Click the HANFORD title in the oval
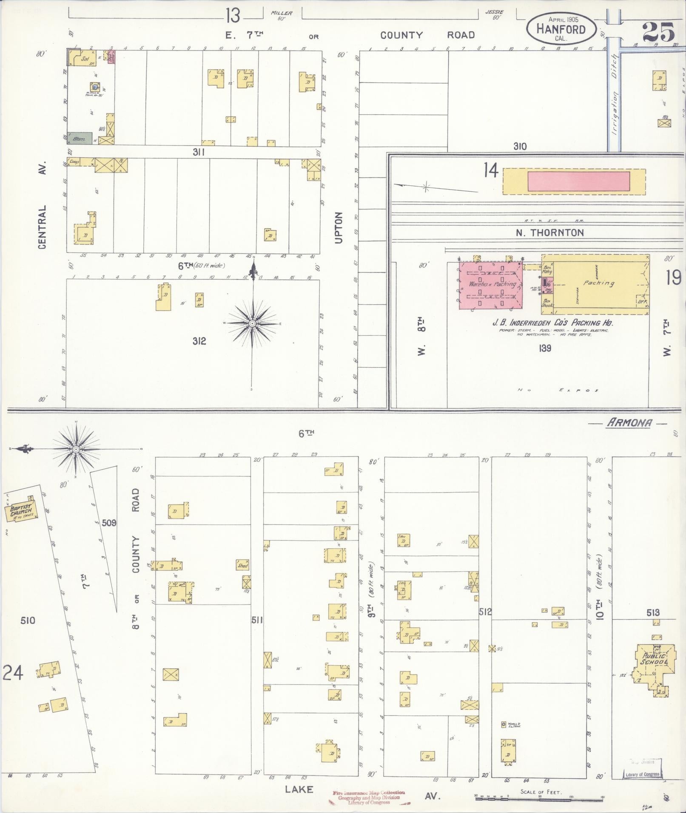[x=561, y=29]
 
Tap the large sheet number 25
[x=658, y=32]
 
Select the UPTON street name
[x=339, y=228]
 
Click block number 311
[x=199, y=152]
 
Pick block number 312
[x=199, y=341]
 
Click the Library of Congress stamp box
[x=642, y=774]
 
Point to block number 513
[x=653, y=612]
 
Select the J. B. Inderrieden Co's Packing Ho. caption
[x=552, y=323]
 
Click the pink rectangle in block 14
[x=578, y=181]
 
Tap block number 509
[x=109, y=523]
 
